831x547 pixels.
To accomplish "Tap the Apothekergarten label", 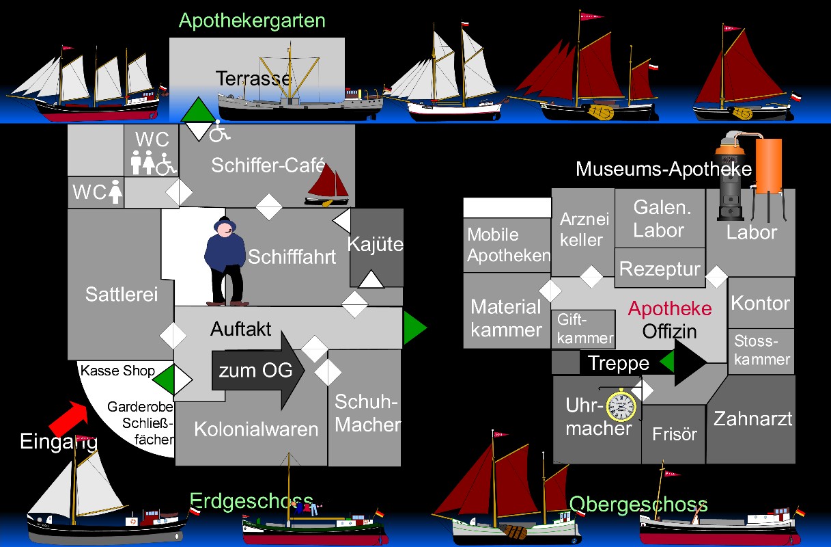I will click(x=252, y=21).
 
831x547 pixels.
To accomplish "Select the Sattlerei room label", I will click(x=122, y=294).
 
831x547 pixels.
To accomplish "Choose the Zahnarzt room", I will click(x=752, y=418).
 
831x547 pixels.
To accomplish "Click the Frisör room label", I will click(x=675, y=434).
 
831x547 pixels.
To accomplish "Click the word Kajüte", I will click(x=376, y=244).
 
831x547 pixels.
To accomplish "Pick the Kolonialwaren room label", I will click(x=256, y=429).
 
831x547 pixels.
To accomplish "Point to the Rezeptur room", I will click(x=660, y=269).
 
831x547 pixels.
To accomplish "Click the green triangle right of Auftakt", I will click(x=414, y=328).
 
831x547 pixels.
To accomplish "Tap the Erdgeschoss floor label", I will click(x=251, y=501).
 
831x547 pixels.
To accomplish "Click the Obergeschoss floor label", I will click(x=638, y=505).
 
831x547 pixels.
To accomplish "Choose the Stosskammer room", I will click(x=762, y=350).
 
